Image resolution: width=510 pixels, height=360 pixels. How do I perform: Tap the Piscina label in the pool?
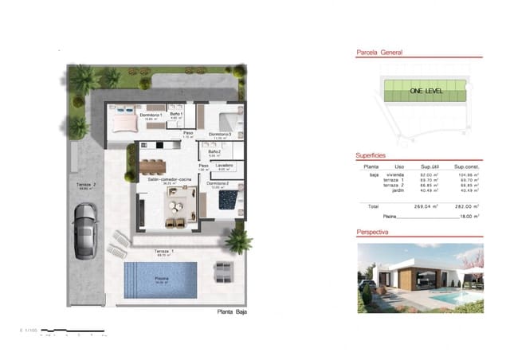pyautogui.click(x=161, y=279)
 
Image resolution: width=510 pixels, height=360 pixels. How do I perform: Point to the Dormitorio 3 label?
pyautogui.click(x=220, y=135)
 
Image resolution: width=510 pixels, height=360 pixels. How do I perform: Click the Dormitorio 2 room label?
pyautogui.click(x=218, y=184)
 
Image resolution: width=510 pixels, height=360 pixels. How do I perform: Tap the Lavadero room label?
pyautogui.click(x=223, y=165)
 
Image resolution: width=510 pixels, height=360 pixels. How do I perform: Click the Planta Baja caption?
pyautogui.click(x=232, y=311)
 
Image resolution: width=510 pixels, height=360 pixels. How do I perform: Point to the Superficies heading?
pyautogui.click(x=371, y=155)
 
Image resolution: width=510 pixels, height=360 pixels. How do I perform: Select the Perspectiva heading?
pyautogui.click(x=373, y=231)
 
